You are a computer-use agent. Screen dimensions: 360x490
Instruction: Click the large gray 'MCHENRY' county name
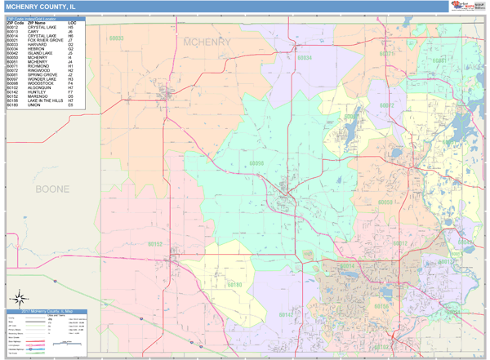208,41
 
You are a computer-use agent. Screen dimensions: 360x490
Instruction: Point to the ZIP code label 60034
303,58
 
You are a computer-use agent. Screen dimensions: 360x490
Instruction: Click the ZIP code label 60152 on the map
156,243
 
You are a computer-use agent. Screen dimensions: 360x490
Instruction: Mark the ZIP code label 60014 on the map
346,266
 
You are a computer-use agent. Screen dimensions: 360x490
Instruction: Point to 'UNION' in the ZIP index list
33,105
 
